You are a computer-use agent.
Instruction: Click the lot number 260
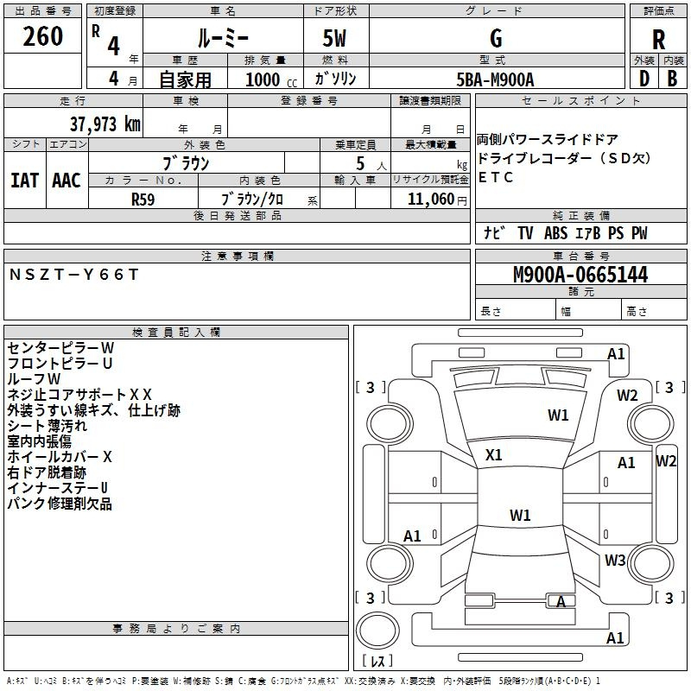point(44,36)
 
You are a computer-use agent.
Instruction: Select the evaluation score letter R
point(658,39)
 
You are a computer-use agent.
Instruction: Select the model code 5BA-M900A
point(495,79)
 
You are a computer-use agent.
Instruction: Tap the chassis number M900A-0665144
point(580,275)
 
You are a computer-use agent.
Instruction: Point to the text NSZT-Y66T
point(73,274)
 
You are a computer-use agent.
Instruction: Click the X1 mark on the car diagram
point(494,454)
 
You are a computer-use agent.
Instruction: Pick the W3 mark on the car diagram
point(615,561)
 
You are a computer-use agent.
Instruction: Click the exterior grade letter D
point(643,79)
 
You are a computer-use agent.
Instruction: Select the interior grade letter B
point(673,79)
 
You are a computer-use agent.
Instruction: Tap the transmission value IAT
point(25,181)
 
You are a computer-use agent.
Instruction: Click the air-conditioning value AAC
point(67,181)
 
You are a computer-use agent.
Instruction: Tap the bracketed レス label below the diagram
point(378,662)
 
